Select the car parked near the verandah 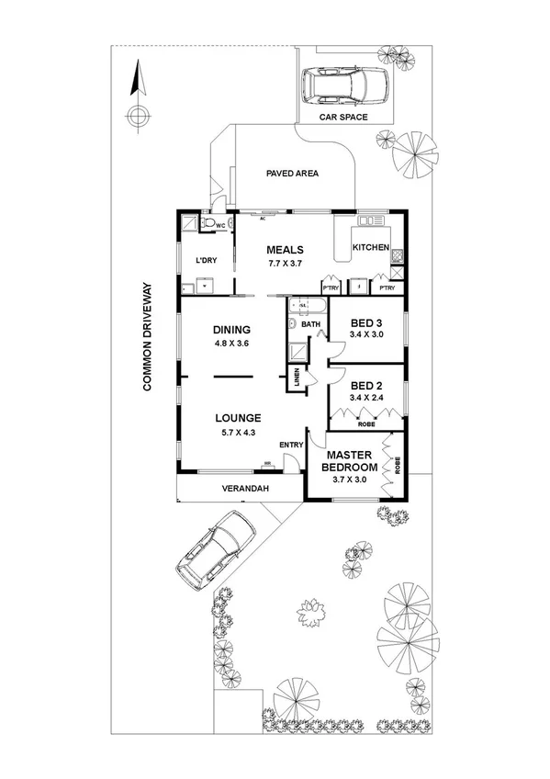pos(218,549)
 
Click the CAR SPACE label pos(342,118)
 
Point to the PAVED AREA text pos(291,173)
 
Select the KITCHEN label pos(372,248)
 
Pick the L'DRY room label pos(207,261)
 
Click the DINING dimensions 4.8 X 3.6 pos(231,344)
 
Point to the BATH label pos(310,323)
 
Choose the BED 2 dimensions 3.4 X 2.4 pos(366,397)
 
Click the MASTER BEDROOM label pos(348,459)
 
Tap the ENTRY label pos(291,446)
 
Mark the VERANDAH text pos(244,489)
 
